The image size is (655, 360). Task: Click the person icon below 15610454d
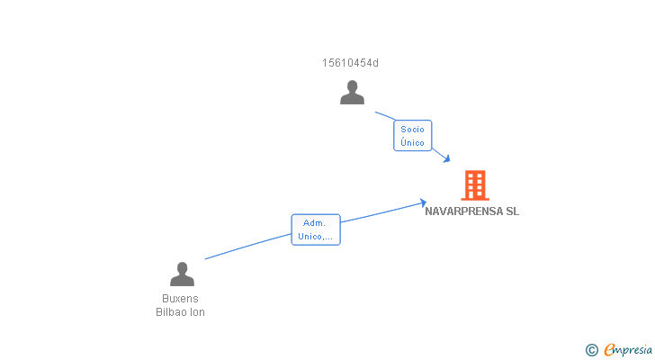pos(352,93)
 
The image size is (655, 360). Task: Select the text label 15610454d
pos(350,63)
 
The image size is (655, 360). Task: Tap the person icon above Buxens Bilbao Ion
pos(182,274)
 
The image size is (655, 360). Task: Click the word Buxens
pos(180,299)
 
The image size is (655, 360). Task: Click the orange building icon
pos(474,185)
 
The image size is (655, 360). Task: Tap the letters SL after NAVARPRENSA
pos(512,212)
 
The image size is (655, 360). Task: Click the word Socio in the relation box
pos(413,129)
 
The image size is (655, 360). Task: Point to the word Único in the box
pos(413,142)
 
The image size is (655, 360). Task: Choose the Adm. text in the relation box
pos(315,222)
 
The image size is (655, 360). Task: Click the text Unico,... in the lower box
pos(315,236)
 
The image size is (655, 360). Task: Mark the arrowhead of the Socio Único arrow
pos(446,159)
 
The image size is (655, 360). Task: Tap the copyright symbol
pos(591,350)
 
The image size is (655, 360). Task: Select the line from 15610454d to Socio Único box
pos(384,116)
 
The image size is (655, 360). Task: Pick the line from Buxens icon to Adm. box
pos(247,247)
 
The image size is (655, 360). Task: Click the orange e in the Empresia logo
pos(609,350)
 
